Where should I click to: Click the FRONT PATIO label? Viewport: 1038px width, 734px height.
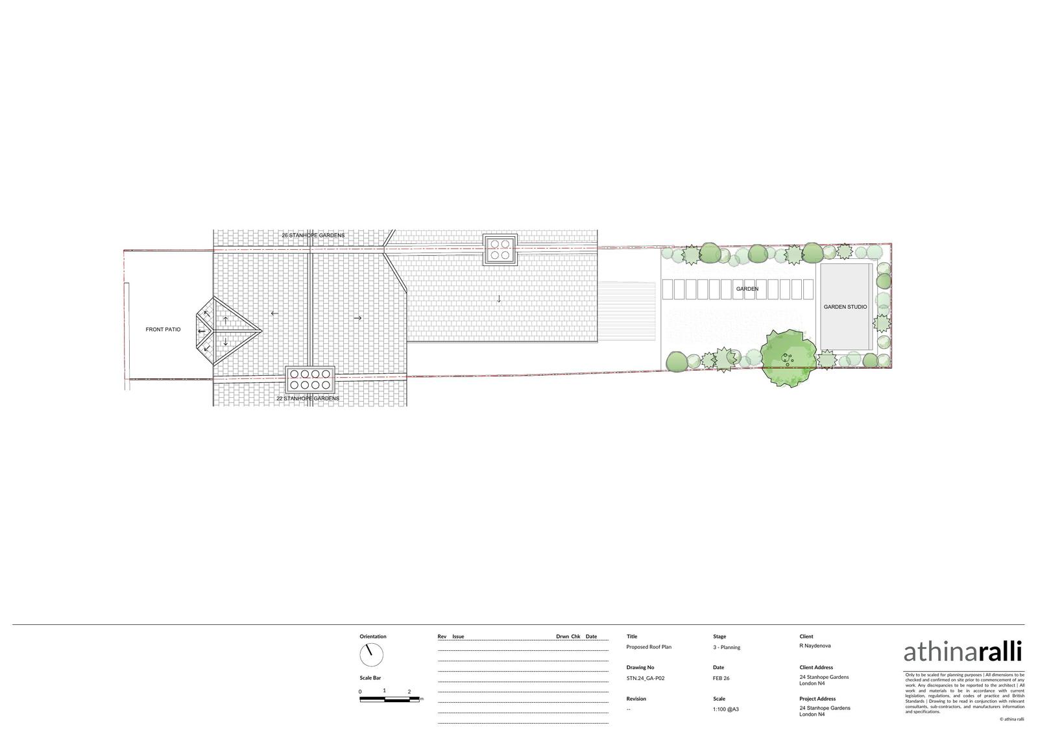(163, 329)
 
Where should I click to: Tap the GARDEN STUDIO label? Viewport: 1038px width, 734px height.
(845, 306)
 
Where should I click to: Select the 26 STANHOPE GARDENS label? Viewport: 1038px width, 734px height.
(313, 235)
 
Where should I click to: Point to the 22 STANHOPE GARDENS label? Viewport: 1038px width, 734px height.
(308, 398)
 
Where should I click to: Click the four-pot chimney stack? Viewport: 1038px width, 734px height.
(500, 249)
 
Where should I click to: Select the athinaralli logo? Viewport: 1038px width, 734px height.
(963, 652)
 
